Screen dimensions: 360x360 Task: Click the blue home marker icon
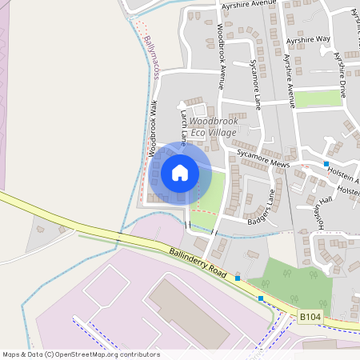point(180,172)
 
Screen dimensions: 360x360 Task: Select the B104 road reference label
point(312,318)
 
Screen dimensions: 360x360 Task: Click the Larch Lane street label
point(183,128)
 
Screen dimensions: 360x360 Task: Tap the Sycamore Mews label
point(262,157)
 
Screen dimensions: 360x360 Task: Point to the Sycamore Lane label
point(254,83)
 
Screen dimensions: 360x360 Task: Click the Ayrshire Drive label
point(342,70)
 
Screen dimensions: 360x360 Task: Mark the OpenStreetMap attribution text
point(81,354)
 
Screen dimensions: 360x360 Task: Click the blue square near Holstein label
point(326,163)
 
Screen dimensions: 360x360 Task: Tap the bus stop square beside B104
point(261,298)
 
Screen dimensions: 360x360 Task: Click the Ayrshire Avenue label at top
point(248,4)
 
